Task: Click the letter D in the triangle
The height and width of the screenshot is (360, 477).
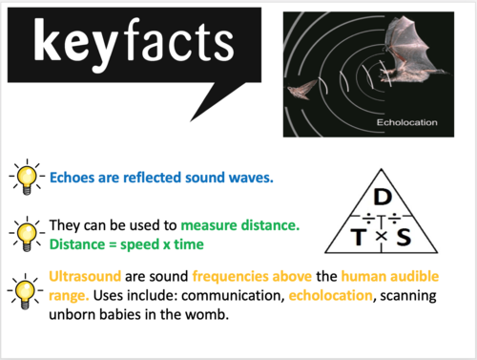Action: (x=381, y=196)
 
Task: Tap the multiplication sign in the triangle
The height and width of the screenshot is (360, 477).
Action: (x=380, y=235)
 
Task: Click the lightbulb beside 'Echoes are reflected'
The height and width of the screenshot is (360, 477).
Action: (x=26, y=176)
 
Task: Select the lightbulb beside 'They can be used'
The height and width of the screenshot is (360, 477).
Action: (x=26, y=232)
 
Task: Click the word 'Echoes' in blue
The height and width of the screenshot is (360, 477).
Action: (x=74, y=177)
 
